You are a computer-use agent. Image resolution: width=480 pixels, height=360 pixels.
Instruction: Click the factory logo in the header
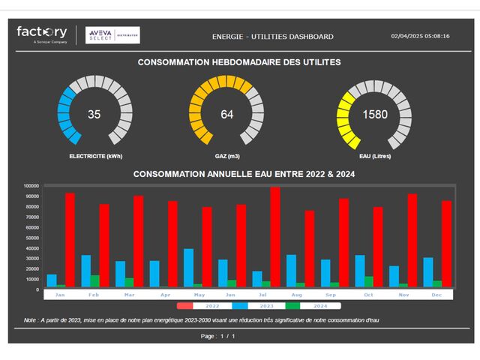pos(42,34)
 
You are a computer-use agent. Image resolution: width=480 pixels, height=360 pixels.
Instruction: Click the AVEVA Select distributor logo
pos(112,35)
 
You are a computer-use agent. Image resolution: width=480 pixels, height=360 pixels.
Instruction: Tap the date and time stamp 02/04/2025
pos(420,36)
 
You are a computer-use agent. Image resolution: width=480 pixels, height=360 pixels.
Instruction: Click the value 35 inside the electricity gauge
pos(94,115)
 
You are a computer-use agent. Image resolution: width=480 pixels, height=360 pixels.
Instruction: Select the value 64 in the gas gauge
pos(227,115)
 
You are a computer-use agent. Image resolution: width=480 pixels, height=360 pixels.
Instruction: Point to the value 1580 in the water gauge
pos(374,115)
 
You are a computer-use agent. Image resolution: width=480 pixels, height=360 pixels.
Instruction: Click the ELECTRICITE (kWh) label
pos(94,157)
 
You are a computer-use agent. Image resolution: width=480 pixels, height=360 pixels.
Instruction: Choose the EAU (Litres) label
pos(375,157)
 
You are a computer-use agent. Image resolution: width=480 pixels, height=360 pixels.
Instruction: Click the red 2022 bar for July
pos(275,237)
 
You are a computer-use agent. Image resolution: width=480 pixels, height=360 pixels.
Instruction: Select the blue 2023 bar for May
pos(189,268)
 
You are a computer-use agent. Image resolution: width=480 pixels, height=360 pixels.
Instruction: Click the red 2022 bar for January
pos(70,240)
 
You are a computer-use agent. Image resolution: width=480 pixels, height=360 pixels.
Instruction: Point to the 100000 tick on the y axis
pos(31,186)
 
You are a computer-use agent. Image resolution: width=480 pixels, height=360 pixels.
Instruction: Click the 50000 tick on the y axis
pos(32,238)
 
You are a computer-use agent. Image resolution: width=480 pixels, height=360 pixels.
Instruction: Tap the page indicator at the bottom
pos(218,336)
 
